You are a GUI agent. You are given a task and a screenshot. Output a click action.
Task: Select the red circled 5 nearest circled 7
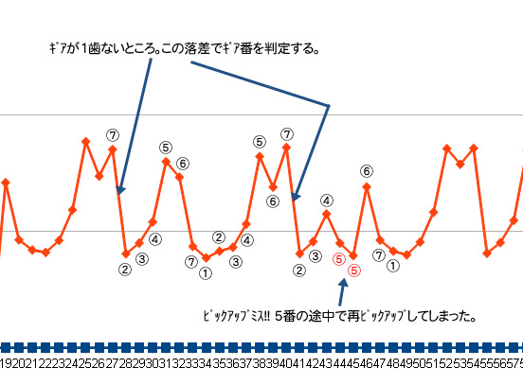click(354, 270)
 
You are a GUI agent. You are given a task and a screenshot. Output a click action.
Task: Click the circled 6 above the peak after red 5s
click(367, 171)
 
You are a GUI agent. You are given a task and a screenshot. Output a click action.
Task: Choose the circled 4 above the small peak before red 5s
click(326, 200)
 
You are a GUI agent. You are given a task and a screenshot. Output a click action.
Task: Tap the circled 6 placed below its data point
click(273, 201)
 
